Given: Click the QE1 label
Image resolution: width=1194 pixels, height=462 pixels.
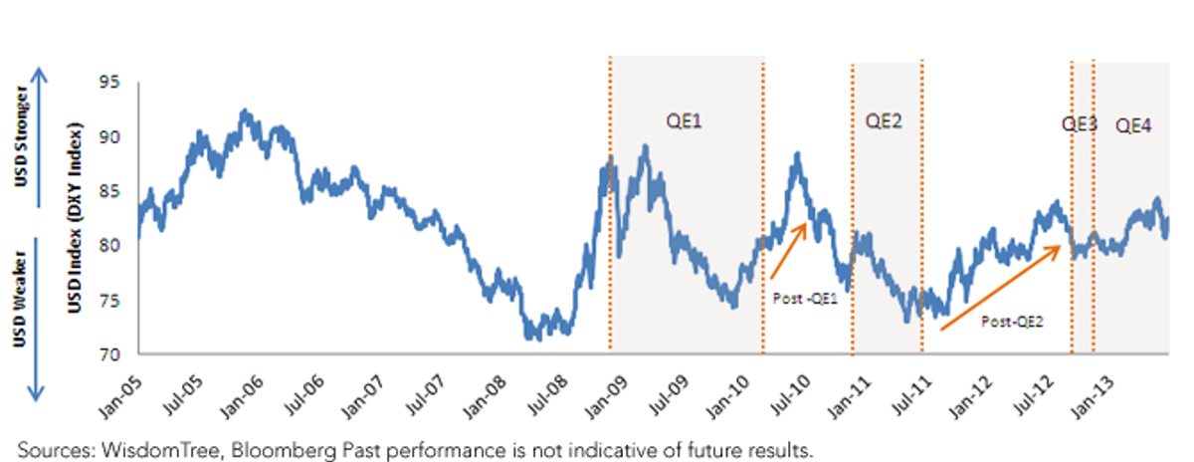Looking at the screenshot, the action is pyautogui.click(x=684, y=121).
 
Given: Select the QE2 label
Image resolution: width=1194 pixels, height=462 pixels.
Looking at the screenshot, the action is pyautogui.click(x=884, y=121).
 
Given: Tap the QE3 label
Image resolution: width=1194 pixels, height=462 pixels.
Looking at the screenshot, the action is pyautogui.click(x=1079, y=124).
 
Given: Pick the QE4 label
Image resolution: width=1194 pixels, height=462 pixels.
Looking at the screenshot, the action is pyautogui.click(x=1133, y=125).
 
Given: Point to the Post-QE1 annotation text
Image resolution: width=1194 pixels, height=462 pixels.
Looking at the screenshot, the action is pyautogui.click(x=805, y=299).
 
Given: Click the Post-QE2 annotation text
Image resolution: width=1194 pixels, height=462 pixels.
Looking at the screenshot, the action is pyautogui.click(x=1012, y=322).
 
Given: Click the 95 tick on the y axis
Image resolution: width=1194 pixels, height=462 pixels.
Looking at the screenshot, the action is pyautogui.click(x=109, y=83).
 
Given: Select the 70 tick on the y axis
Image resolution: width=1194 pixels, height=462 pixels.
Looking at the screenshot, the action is pyautogui.click(x=109, y=354).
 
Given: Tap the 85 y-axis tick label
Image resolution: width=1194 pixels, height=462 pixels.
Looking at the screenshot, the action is pyautogui.click(x=109, y=191).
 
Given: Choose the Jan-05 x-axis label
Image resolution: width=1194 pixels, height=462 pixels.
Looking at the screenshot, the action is pyautogui.click(x=120, y=398).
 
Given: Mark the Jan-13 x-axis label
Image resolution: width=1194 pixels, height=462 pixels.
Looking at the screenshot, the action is pyautogui.click(x=1093, y=398).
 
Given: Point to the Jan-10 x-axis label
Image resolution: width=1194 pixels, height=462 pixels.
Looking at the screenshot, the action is pyautogui.click(x=727, y=398).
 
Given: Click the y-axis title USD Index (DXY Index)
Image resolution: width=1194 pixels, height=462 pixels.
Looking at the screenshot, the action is pyautogui.click(x=75, y=218).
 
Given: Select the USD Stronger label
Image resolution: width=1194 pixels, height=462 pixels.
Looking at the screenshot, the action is pyautogui.click(x=21, y=136).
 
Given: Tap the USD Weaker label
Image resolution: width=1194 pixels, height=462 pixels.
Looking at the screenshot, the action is pyautogui.click(x=20, y=299).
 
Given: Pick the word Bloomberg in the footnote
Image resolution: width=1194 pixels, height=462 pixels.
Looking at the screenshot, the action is pyautogui.click(x=283, y=451).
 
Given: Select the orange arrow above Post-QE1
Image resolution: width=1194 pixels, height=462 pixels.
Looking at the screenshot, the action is pyautogui.click(x=789, y=251).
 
